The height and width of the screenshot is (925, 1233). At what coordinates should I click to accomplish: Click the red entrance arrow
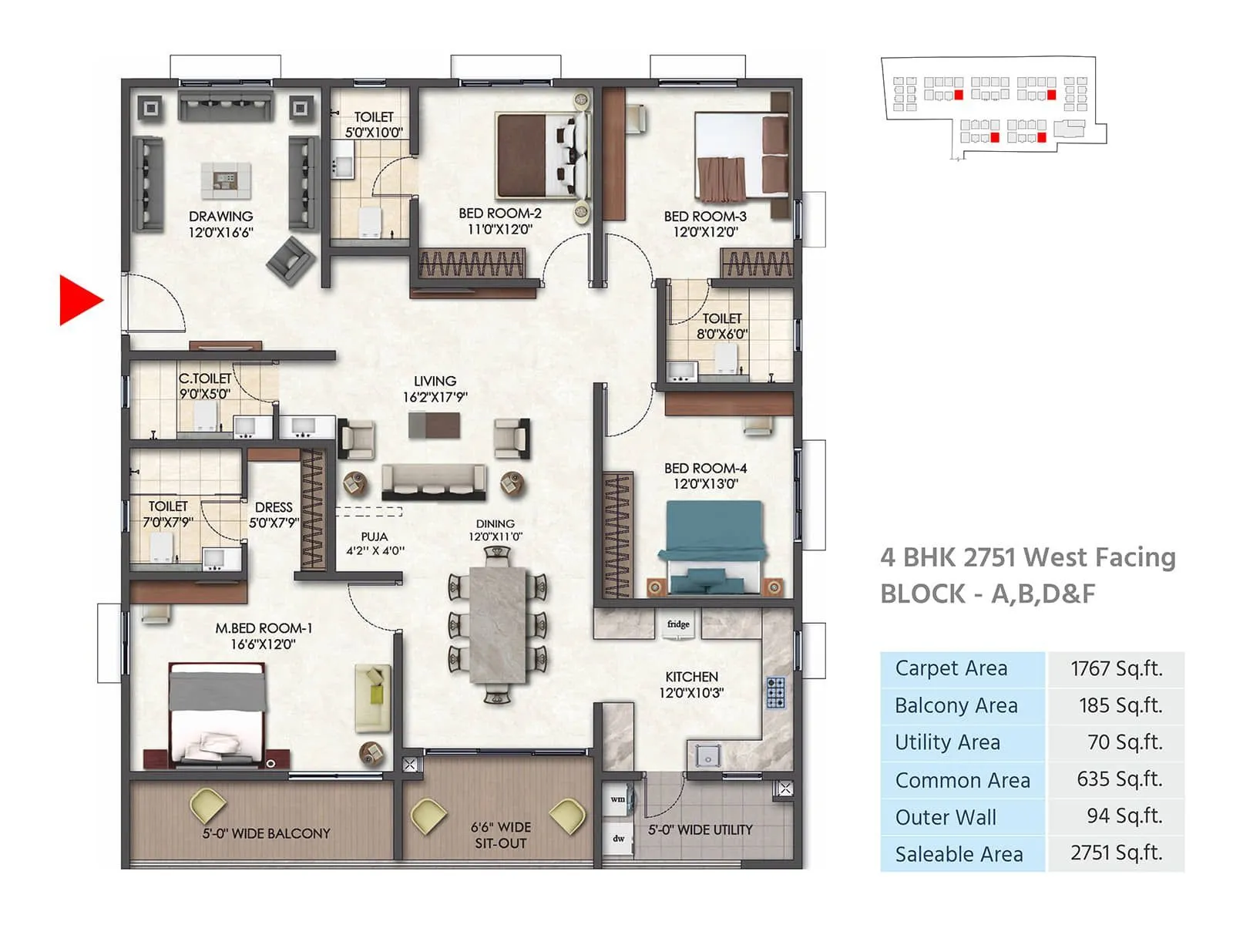[x=79, y=300]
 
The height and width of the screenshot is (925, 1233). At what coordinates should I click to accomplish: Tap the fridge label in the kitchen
[x=678, y=624]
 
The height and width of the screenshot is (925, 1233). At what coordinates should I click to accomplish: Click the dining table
[x=497, y=624]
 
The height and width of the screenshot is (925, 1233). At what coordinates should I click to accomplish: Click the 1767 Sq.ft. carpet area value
[x=1116, y=668]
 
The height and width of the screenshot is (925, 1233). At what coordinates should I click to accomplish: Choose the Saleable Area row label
[x=959, y=854]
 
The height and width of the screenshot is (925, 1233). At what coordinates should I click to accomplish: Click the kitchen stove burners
[x=775, y=692]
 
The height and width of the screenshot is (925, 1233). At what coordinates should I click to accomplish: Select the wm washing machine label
[x=618, y=799]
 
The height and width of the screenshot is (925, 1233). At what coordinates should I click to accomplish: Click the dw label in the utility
[x=618, y=838]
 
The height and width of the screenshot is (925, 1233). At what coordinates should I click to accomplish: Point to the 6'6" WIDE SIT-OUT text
[x=501, y=835]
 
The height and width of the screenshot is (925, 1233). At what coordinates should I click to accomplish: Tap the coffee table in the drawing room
[x=225, y=179]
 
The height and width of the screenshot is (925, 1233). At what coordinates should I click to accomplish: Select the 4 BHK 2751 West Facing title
[x=1027, y=557]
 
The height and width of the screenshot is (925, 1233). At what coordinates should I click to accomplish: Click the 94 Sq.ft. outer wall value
[x=1118, y=816]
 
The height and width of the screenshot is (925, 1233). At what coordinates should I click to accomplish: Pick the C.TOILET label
[x=204, y=385]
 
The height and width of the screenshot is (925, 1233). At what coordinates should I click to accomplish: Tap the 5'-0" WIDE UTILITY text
[x=700, y=830]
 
